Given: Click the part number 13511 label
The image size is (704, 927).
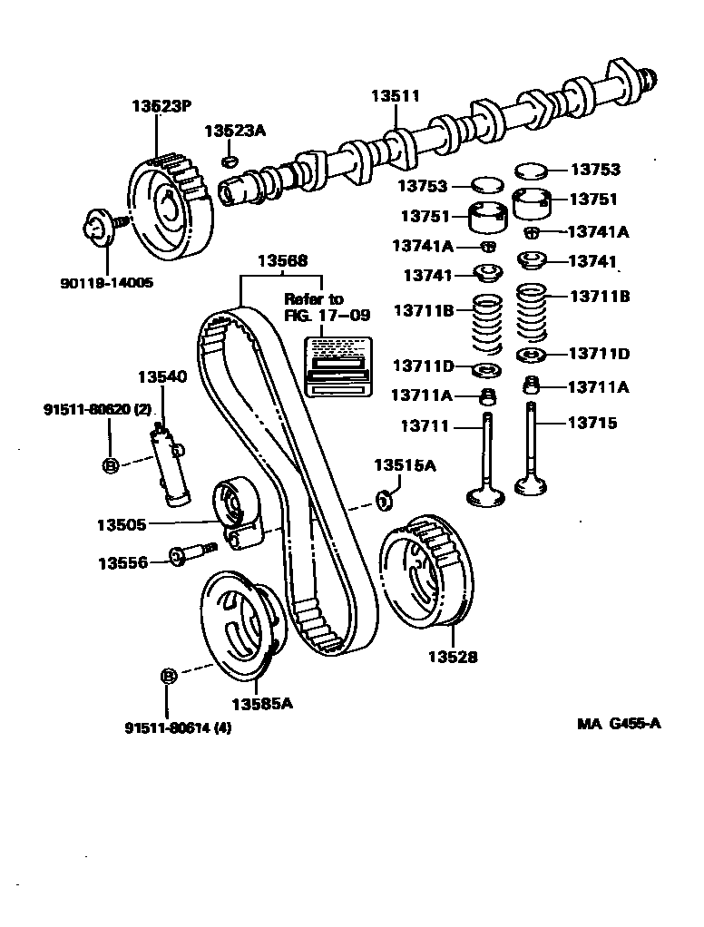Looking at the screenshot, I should [394, 96].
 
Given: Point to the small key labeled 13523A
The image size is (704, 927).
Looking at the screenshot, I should [230, 161].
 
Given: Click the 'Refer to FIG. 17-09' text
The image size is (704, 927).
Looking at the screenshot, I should [314, 307].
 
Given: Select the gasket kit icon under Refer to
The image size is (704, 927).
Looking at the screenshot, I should [337, 366].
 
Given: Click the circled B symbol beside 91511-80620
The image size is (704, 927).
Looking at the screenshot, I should [110, 465].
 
